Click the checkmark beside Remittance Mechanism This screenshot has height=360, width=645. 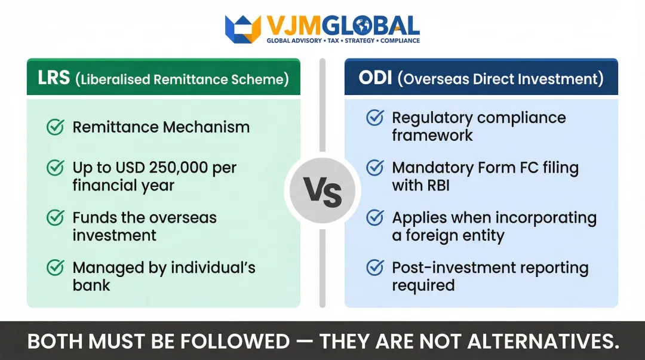56,127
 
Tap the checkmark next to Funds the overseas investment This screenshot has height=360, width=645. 56,218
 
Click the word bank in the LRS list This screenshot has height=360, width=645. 91,285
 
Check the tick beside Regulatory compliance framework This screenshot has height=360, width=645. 375,118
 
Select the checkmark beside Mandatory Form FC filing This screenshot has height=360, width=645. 375,168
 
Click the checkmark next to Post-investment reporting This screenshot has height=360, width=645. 375,268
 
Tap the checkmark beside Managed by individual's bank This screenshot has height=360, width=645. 56,268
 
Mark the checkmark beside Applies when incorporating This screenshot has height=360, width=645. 375,218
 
